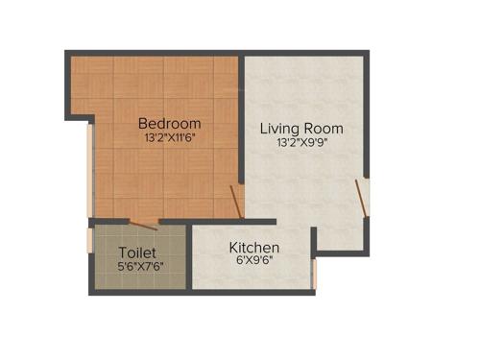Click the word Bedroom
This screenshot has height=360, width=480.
tap(169, 123)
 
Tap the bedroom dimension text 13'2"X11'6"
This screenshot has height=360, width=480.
tap(169, 138)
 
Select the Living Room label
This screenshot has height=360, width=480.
tap(301, 128)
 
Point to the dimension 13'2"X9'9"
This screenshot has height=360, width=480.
tap(301, 143)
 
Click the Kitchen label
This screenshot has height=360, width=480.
tap(253, 247)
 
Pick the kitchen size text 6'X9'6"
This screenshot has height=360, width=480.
tap(253, 261)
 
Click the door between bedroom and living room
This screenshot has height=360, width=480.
tap(236, 203)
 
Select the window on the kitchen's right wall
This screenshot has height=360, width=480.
tap(315, 273)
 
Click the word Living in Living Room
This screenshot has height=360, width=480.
tap(280, 128)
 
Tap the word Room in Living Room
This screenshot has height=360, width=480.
tap(324, 128)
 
